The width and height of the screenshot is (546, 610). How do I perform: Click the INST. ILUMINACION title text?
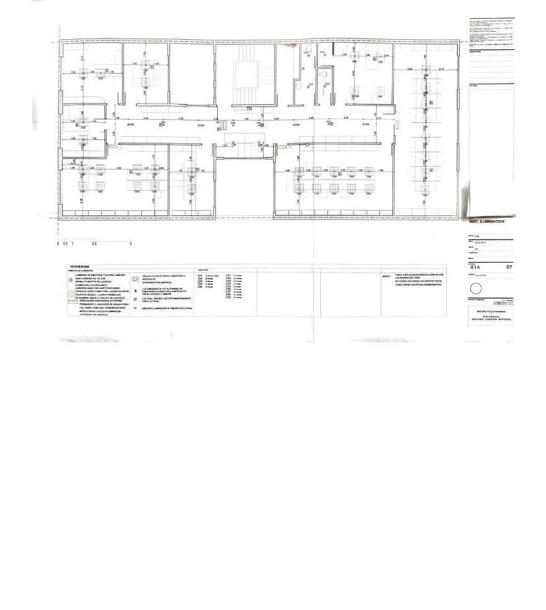point(487,222)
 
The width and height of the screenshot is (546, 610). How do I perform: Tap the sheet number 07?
point(508,267)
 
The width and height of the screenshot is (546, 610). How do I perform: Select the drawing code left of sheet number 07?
point(474,267)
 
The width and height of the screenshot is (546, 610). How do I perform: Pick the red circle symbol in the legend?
point(72,280)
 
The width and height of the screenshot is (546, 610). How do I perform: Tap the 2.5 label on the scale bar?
point(94,244)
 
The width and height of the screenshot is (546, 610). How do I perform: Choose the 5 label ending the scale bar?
point(131,244)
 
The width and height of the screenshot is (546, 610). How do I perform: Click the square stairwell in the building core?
point(245,74)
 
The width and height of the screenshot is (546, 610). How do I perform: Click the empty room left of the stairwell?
point(191,74)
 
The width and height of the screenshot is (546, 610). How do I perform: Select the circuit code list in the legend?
point(218,287)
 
